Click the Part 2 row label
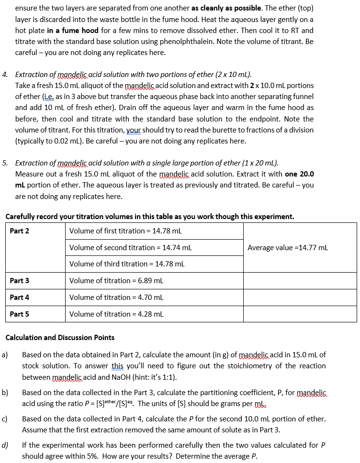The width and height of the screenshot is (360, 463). click(x=20, y=231)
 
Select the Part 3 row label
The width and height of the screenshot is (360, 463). click(x=20, y=281)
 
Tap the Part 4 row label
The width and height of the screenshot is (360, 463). click(x=20, y=298)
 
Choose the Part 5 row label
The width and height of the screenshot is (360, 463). click(x=20, y=314)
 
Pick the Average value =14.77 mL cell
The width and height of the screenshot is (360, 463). click(x=288, y=248)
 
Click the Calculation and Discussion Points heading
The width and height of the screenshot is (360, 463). click(x=60, y=338)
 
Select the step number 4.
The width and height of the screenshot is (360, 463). click(x=5, y=75)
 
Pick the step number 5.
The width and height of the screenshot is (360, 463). click(x=5, y=163)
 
